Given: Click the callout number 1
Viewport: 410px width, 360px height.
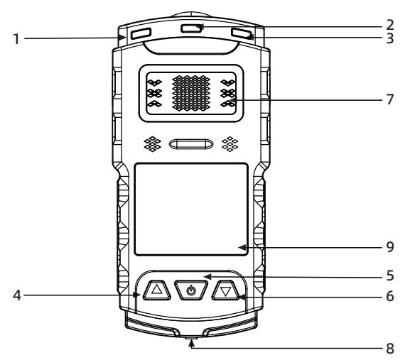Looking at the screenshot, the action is point(16,39).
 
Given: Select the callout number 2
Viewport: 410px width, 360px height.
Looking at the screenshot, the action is point(389,25).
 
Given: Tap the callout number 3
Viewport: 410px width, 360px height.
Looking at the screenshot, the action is point(390,38).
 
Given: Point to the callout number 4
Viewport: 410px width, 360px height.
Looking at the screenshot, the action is point(17,295).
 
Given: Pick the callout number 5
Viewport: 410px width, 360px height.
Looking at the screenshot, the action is point(390,276).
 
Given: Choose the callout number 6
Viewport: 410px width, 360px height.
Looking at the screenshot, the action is point(390,296).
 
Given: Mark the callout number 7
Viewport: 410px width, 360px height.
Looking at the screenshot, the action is point(390,99).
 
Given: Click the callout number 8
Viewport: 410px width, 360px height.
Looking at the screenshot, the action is point(390,348).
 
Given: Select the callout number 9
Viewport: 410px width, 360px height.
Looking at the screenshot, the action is point(390,246).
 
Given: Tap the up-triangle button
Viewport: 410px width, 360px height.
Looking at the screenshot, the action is point(156,290).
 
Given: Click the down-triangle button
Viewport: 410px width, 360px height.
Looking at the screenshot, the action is point(225,290).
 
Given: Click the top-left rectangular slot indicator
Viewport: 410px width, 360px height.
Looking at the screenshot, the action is point(141,33).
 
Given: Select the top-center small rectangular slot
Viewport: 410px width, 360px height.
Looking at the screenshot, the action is point(191,28).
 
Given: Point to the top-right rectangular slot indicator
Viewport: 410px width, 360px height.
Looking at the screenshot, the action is point(242,33).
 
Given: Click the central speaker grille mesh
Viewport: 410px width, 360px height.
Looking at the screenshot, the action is point(191,93).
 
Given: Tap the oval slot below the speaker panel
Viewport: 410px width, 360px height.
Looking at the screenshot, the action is point(191,144).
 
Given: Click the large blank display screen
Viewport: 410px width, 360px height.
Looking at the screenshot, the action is point(191,209).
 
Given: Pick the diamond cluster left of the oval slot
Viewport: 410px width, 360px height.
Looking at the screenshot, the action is point(153,144).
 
